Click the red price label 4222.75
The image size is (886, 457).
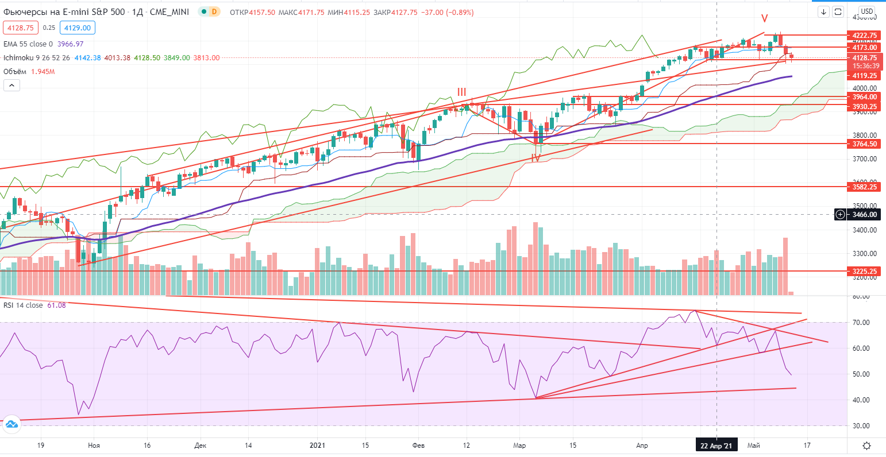864,35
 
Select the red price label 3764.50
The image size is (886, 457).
864,144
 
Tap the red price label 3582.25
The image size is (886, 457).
864,187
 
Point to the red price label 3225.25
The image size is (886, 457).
864,271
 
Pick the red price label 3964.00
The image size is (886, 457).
864,97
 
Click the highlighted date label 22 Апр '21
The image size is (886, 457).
716,446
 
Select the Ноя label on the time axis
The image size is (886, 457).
94,446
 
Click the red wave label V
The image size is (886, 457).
765,18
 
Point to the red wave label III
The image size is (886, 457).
462,92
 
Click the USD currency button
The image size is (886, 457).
866,11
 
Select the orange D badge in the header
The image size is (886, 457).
214,11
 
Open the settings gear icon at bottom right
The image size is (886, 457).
866,446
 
